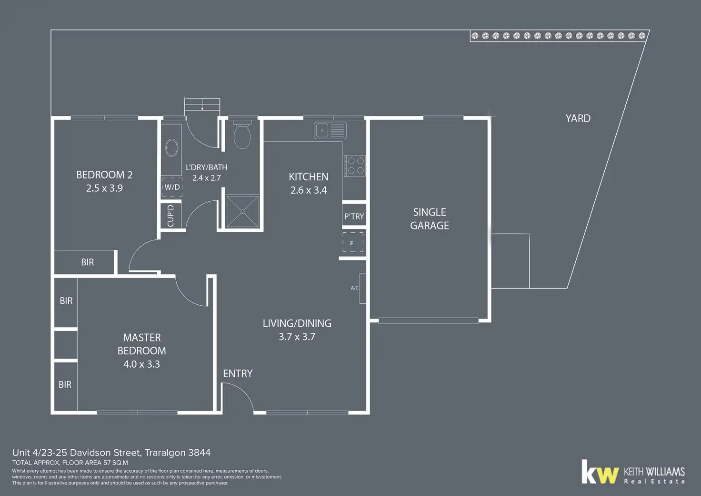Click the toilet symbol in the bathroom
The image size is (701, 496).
(x=242, y=135)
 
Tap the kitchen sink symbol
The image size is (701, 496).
(x=330, y=130)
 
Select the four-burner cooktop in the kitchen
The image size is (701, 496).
(x=355, y=166)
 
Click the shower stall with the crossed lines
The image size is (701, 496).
(x=242, y=211)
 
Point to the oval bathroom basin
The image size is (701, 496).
(x=171, y=147)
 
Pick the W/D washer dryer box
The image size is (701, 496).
(x=172, y=187)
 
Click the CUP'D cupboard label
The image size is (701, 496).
(x=170, y=216)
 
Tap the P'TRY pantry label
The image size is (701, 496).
(x=354, y=216)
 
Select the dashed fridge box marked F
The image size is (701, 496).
(x=353, y=242)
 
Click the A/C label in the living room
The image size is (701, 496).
(x=355, y=288)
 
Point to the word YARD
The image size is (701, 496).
(x=578, y=118)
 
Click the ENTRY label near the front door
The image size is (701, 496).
(x=238, y=373)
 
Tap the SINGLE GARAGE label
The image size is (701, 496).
(x=430, y=219)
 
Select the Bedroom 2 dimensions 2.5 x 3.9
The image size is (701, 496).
(x=104, y=188)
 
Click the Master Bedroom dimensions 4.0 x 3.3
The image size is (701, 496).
(x=141, y=364)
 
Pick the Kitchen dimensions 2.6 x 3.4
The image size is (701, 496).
(x=309, y=190)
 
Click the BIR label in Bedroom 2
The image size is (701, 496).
(x=87, y=262)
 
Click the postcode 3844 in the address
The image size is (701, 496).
(x=200, y=453)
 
